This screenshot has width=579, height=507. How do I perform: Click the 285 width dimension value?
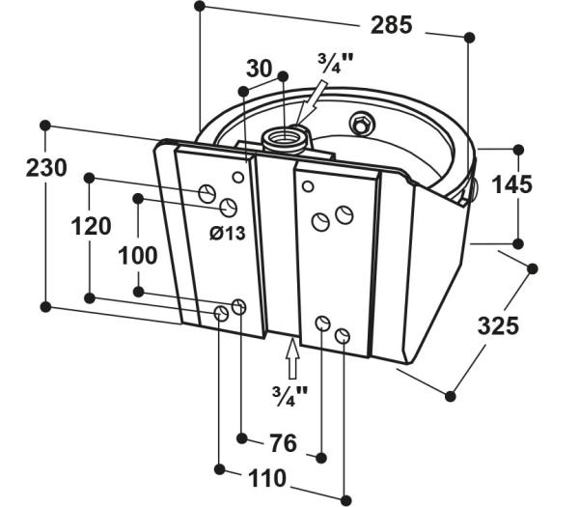pos(391,25)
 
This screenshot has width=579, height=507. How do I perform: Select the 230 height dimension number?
pos(46,167)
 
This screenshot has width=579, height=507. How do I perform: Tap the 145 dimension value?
pos(512,184)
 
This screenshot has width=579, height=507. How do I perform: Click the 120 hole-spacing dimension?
pos(91,226)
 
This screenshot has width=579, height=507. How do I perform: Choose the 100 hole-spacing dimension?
pos(138,255)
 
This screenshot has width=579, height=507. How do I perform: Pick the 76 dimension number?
pos(283,443)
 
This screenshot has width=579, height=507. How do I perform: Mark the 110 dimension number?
pos(267,478)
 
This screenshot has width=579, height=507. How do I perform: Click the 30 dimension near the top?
pos(259,69)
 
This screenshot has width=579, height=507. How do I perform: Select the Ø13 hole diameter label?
pos(228,233)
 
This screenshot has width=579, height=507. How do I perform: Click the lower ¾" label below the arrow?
pos(289,396)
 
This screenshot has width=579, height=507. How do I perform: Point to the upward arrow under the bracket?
pos(292,358)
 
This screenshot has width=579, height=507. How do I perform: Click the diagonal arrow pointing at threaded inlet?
pos(310,104)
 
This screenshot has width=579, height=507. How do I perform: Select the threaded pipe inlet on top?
pos(284,140)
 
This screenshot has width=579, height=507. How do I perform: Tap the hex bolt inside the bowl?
pos(362,123)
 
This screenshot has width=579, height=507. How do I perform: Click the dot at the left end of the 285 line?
pos(200,6)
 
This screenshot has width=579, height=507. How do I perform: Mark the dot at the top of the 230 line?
pos(45,126)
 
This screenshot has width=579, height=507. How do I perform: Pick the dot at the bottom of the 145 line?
pos(518,244)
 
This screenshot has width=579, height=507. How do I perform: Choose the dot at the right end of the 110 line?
pos(345,499)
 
